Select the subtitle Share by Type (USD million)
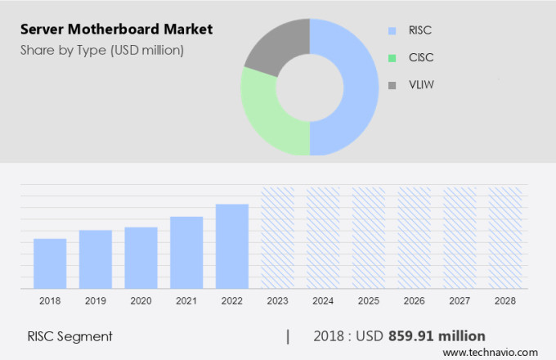(x=102, y=51)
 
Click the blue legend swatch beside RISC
(x=392, y=31)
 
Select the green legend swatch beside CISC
(x=392, y=58)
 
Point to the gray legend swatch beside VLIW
(x=392, y=84)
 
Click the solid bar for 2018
(x=50, y=263)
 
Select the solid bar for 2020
(x=141, y=258)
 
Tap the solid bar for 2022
(x=231, y=246)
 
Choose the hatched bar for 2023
(x=277, y=238)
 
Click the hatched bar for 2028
(x=504, y=238)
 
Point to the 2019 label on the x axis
(x=95, y=301)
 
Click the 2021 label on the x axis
(x=186, y=301)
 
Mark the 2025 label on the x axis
(x=368, y=301)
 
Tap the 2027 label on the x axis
(x=459, y=301)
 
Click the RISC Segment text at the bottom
(x=69, y=336)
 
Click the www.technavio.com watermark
(x=495, y=352)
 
